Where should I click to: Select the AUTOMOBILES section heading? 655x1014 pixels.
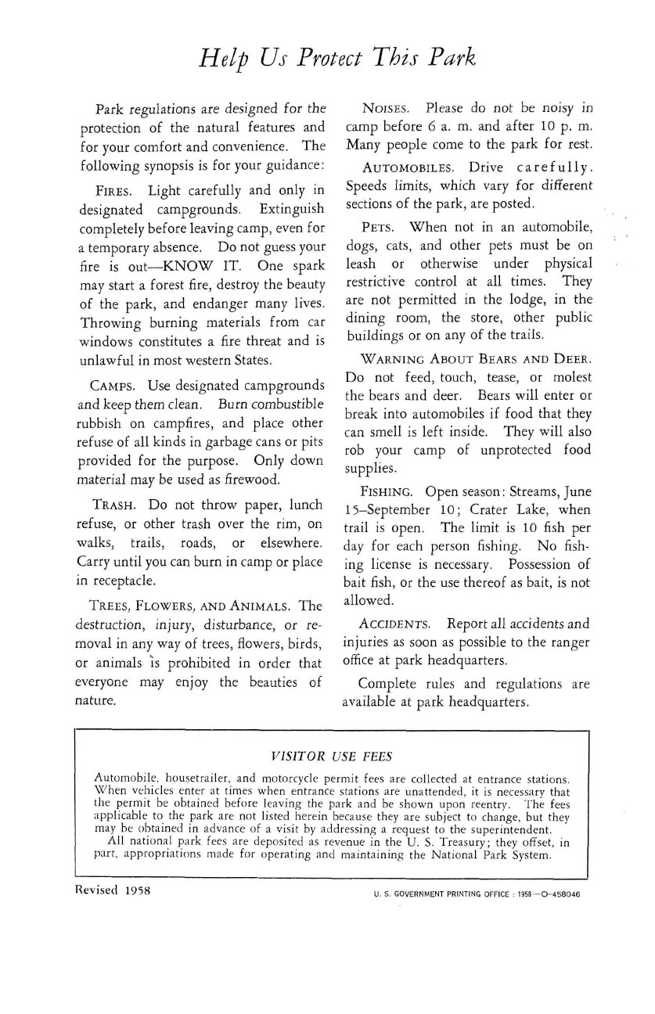[x=408, y=168]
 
